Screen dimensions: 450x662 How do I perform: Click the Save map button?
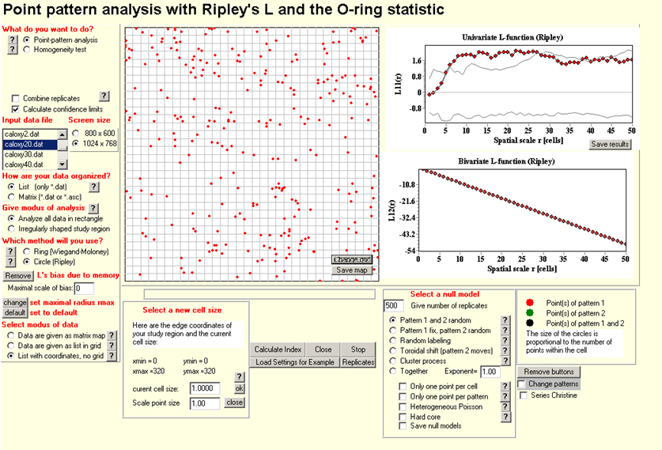352,270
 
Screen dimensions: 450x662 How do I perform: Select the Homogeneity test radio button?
28,49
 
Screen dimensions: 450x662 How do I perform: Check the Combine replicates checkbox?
16,98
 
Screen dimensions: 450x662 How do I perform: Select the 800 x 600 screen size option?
76,133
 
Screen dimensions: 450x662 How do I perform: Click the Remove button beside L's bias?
18,276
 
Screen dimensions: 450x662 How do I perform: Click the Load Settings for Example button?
295,362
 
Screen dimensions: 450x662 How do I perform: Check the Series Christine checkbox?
523,395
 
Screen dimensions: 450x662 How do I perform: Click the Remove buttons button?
550,372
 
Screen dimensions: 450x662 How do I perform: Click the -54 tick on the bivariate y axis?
409,249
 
